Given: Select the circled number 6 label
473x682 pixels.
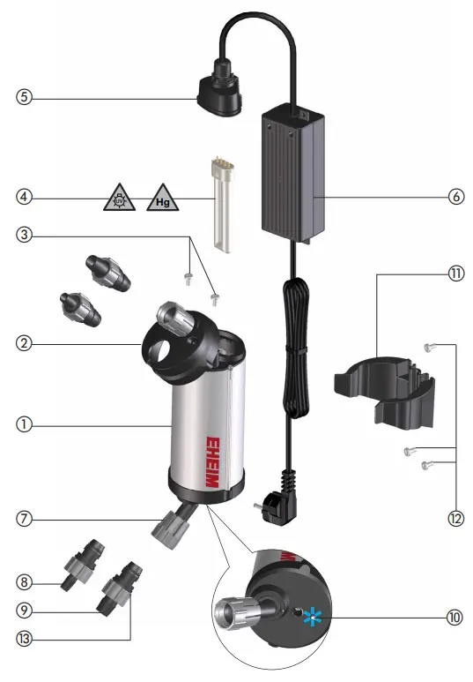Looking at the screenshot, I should click(x=456, y=197).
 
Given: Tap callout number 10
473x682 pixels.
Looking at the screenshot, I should click(x=453, y=618).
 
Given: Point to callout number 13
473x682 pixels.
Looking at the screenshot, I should click(x=25, y=633).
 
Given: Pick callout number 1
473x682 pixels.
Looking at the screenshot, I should click(x=25, y=424).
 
